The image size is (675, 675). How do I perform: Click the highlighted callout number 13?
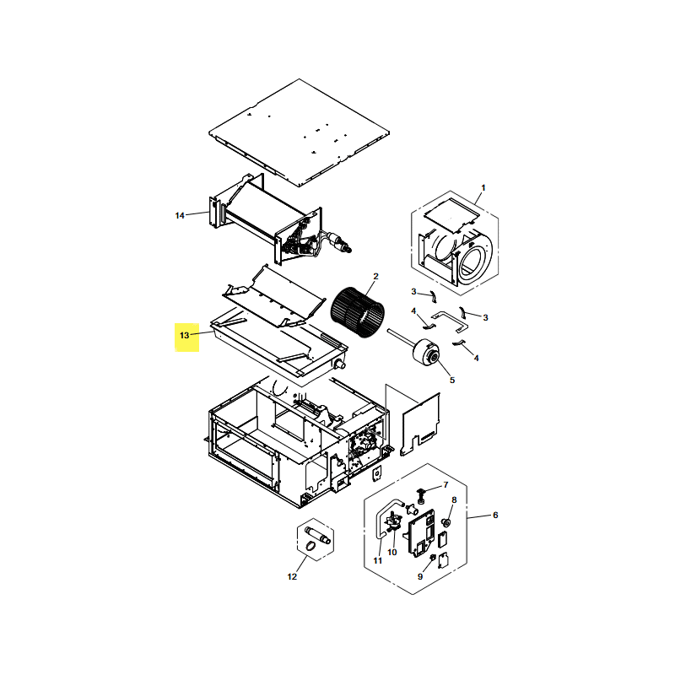pyautogui.click(x=185, y=335)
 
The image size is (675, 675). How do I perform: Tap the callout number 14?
pyautogui.click(x=180, y=215)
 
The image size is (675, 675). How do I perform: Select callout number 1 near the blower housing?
pyautogui.click(x=483, y=187)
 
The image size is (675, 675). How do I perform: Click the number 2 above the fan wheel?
pyautogui.click(x=375, y=277)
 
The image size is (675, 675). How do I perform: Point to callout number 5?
pyautogui.click(x=452, y=381)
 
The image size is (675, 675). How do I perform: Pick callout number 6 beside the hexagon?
pyautogui.click(x=495, y=515)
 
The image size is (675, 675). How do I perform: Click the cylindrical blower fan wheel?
pyautogui.click(x=357, y=312)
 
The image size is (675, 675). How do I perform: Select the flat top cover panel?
pyautogui.click(x=300, y=132)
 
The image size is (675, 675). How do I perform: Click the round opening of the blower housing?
pyautogui.click(x=473, y=262)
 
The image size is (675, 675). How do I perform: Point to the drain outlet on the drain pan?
pyautogui.click(x=340, y=365)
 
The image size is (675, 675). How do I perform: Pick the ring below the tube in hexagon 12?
pyautogui.click(x=310, y=546)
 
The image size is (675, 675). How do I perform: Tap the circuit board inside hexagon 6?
pyautogui.click(x=419, y=532)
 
